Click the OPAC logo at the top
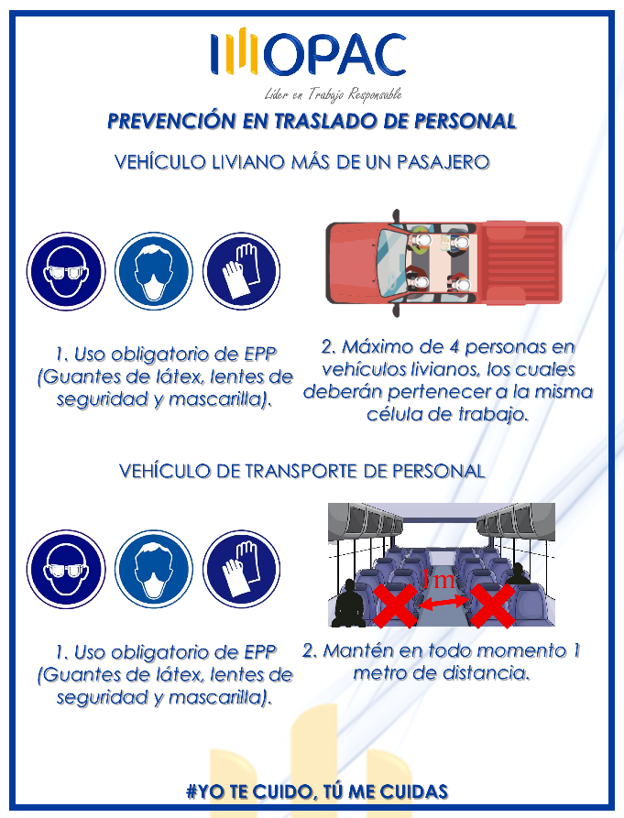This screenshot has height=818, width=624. [309, 52]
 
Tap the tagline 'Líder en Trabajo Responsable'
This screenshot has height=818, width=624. [333, 94]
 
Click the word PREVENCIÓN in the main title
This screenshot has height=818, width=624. [171, 121]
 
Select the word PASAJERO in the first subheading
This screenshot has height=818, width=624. [443, 162]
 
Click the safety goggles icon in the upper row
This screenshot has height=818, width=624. [66, 271]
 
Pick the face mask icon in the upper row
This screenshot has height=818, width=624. [154, 271]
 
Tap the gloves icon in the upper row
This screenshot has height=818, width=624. [241, 271]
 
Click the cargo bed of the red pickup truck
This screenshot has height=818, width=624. [522, 263]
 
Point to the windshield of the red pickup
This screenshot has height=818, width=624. [392, 262]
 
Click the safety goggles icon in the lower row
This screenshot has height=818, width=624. [66, 570]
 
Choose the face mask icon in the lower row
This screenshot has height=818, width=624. [154, 570]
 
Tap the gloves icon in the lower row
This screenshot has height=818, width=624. [241, 570]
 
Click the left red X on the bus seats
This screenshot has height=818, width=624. [395, 605]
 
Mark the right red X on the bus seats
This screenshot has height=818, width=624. [492, 605]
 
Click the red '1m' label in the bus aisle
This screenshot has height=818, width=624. [438, 580]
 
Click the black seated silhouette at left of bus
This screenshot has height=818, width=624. [349, 603]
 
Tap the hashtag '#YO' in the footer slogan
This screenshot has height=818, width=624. [205, 791]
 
